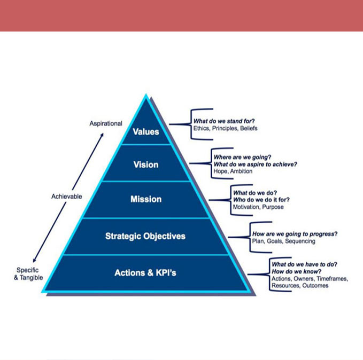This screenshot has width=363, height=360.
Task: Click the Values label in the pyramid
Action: pos(146,131)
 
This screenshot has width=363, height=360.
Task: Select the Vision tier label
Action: pos(146,165)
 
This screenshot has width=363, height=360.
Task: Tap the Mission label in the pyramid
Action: pos(146,199)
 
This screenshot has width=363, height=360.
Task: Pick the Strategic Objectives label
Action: pos(146,236)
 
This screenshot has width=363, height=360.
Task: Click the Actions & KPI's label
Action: pos(145,273)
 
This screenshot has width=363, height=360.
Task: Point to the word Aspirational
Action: pos(106,123)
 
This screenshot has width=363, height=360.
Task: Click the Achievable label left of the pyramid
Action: pos(67,196)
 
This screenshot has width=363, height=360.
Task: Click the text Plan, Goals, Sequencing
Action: pos(283,241)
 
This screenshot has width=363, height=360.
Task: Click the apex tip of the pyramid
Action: pos(146,96)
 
